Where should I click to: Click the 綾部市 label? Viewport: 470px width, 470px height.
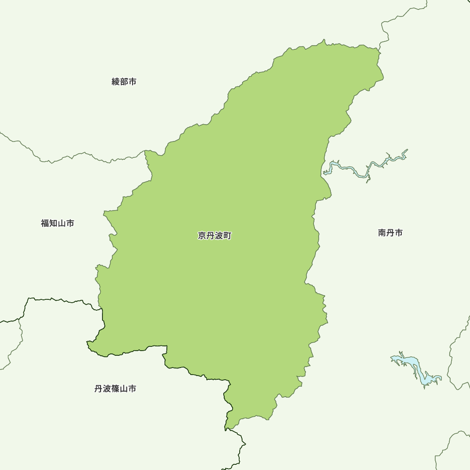click(x=124, y=82)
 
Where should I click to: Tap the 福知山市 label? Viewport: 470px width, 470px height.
click(x=57, y=223)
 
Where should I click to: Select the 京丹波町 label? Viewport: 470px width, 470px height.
click(x=214, y=236)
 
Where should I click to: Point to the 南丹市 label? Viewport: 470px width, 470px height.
click(x=390, y=233)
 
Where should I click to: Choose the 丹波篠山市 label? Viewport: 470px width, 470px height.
click(x=115, y=389)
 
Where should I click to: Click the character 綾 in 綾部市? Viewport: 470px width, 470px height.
click(x=116, y=82)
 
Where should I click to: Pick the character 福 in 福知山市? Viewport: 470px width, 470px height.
click(x=45, y=223)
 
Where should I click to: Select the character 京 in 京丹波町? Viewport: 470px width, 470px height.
click(x=202, y=236)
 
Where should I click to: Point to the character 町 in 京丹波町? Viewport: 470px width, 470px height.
click(x=227, y=236)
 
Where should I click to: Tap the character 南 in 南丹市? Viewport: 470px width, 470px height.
click(x=382, y=233)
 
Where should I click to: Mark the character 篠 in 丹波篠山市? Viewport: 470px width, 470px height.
click(x=115, y=389)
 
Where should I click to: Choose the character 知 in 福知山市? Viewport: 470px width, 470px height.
click(x=53, y=223)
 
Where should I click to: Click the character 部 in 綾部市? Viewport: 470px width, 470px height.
click(x=124, y=82)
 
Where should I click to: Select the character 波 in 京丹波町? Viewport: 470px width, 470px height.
click(x=219, y=236)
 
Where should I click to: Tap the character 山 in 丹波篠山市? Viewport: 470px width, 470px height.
click(x=124, y=389)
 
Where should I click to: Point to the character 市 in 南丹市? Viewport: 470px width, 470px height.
click(x=399, y=233)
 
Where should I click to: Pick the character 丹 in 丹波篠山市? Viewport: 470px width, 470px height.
click(x=98, y=389)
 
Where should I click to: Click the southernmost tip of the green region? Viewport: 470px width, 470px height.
click(x=226, y=429)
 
